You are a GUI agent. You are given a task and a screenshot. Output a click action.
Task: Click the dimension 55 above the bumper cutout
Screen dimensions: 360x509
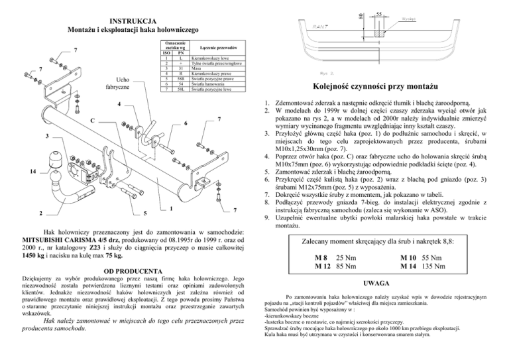379,14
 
